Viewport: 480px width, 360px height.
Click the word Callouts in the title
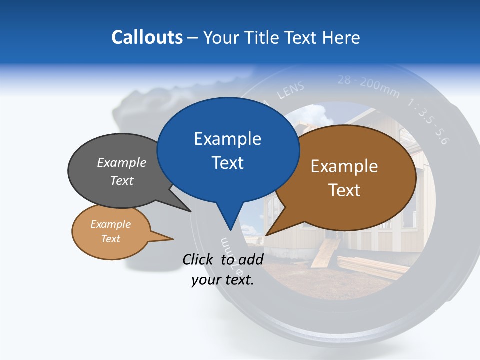pos(147,37)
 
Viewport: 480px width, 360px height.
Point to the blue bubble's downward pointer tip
pos(230,229)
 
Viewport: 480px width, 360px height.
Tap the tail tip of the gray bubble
pos(190,211)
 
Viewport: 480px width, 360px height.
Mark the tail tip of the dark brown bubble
pos(267,234)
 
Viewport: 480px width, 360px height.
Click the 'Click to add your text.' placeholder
pos(223,269)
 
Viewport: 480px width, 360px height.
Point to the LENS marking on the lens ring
pos(290,91)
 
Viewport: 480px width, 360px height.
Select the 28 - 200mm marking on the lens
pos(368,85)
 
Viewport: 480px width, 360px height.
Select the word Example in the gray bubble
pos(122,163)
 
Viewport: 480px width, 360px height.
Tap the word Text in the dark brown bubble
pos(345,190)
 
